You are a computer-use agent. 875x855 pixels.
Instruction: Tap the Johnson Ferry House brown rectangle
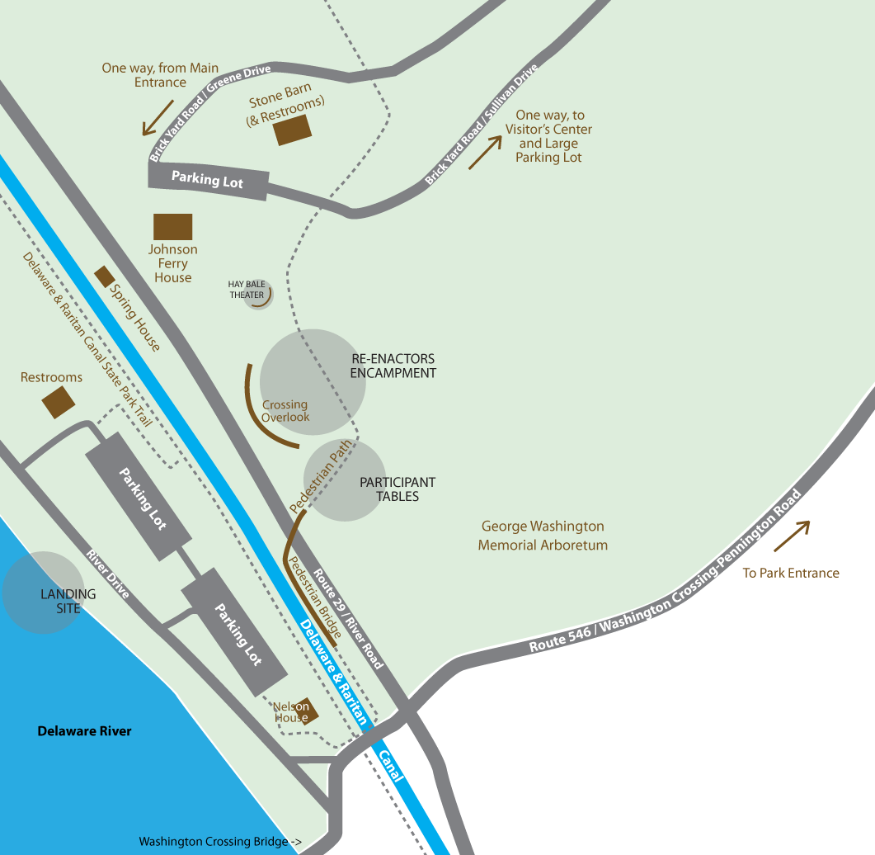click(173, 227)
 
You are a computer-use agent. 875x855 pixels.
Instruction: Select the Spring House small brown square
click(105, 276)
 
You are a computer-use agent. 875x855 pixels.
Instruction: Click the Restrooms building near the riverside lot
click(59, 402)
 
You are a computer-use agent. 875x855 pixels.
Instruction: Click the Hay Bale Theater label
click(247, 290)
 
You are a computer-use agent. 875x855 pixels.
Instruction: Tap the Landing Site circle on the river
click(45, 593)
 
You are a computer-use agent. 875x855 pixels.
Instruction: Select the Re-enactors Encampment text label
click(393, 366)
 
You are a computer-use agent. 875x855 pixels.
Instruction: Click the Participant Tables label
click(398, 489)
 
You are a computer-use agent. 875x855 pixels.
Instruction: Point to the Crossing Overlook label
click(285, 411)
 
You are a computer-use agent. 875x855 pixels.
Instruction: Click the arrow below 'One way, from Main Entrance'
click(158, 117)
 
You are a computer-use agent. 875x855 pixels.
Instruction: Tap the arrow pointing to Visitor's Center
click(485, 152)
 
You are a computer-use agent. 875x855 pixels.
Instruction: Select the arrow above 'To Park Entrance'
click(791, 536)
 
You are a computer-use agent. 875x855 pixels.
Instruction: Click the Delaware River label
click(84, 731)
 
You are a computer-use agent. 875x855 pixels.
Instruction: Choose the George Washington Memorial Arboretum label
click(543, 536)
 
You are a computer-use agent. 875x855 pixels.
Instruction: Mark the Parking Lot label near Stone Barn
click(207, 179)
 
